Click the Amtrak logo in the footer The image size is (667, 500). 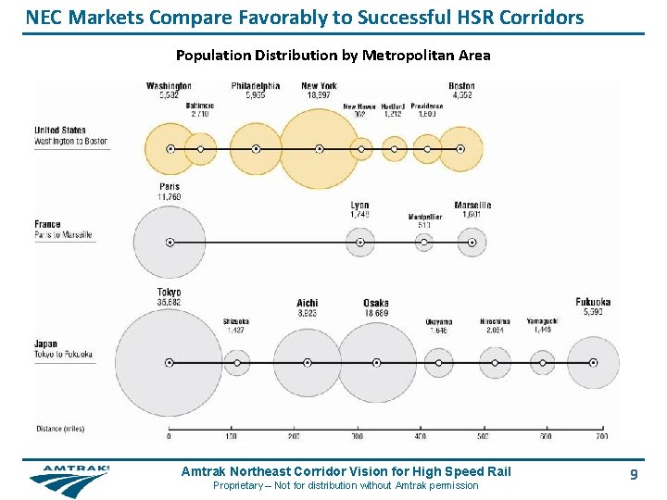tap(69, 478)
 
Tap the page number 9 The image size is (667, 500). tap(634, 474)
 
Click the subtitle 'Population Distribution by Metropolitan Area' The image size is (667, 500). tap(333, 56)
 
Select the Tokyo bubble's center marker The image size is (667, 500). tap(169, 362)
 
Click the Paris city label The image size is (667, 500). tap(169, 187)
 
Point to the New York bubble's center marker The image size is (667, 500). tap(319, 148)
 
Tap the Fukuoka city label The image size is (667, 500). tap(593, 302)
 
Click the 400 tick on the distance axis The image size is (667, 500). tap(420, 435)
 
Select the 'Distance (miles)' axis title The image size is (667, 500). tap(60, 429)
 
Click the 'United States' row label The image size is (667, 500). tap(59, 131)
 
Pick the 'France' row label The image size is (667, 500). tap(47, 224)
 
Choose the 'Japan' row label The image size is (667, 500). tap(45, 344)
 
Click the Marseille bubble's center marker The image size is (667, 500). tap(472, 243)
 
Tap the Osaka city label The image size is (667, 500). tap(375, 304)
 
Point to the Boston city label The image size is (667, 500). tap(461, 86)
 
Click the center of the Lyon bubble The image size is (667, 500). tap(360, 243)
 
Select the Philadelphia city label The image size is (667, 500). tap(256, 86)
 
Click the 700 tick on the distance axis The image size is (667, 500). tap(602, 435)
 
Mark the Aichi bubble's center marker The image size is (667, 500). tap(308, 362)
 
